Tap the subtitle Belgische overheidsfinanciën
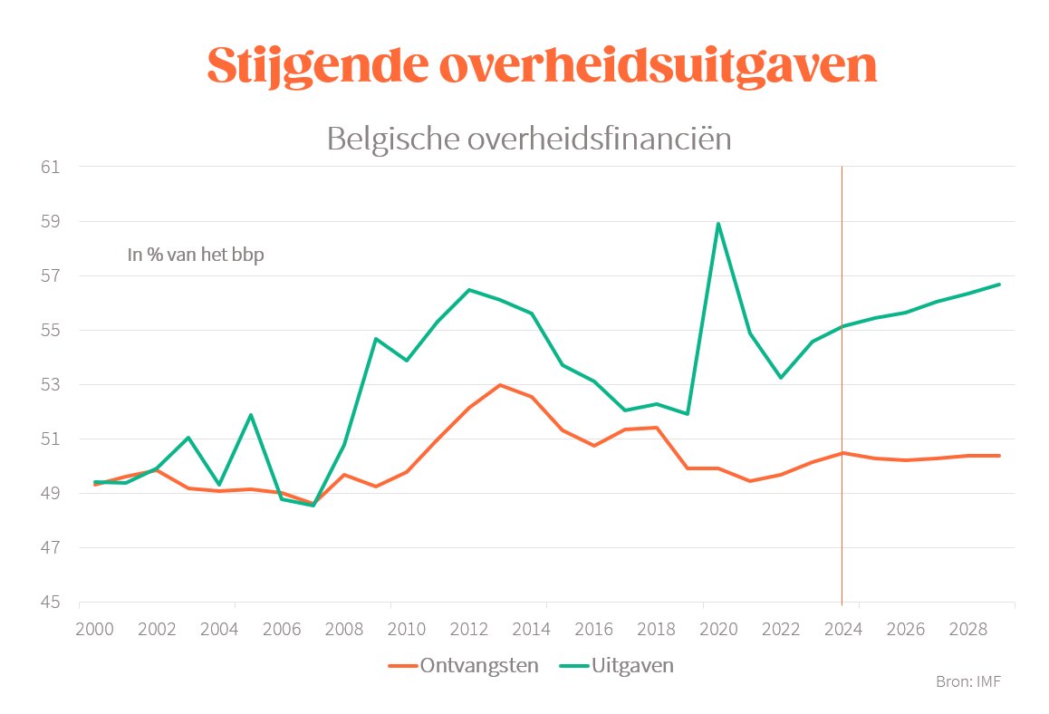click(x=528, y=140)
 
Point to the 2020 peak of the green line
click(x=718, y=224)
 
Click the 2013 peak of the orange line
click(x=500, y=385)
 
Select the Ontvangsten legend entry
click(x=464, y=666)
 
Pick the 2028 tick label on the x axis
click(x=952, y=629)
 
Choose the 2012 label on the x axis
click(x=469, y=629)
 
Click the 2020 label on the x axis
click(x=718, y=629)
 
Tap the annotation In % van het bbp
click(x=195, y=256)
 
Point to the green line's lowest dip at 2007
click(x=313, y=506)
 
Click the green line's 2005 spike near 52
click(x=250, y=415)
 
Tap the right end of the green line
click(x=999, y=285)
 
